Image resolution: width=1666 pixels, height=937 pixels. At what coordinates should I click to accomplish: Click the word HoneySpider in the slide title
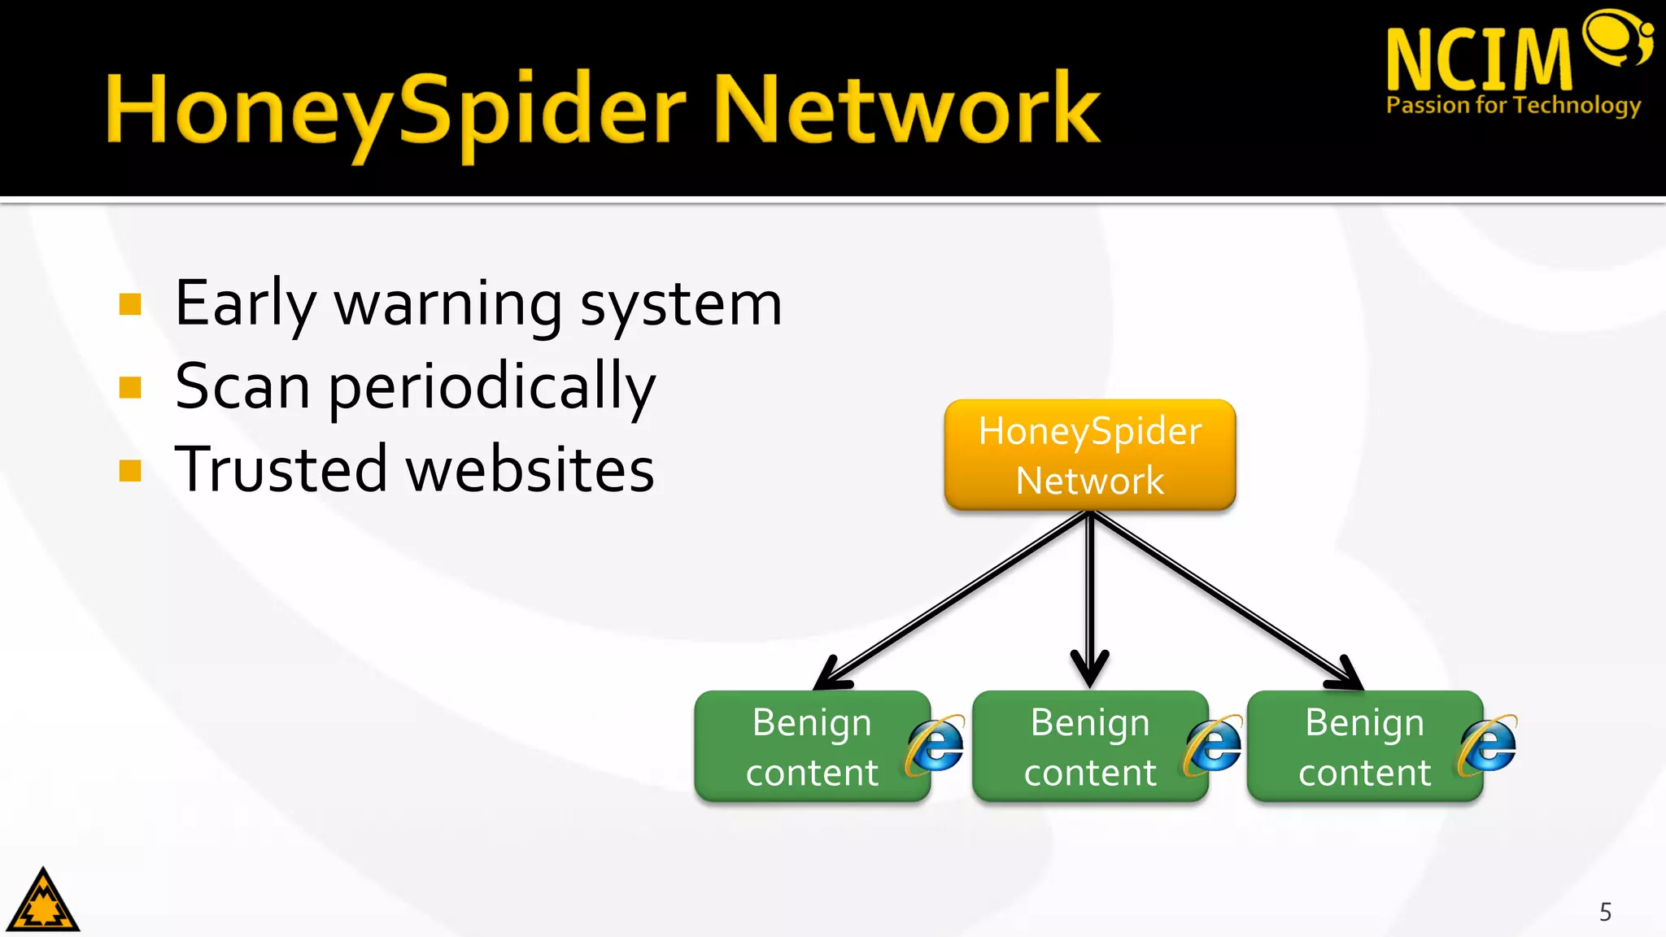pyautogui.click(x=396, y=110)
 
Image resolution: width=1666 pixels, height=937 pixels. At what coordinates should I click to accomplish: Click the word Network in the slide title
pyautogui.click(x=906, y=110)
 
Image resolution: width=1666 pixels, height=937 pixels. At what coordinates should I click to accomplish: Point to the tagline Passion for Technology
pyautogui.click(x=1513, y=106)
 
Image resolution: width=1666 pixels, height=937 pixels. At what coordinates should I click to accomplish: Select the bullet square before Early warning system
pyautogui.click(x=130, y=304)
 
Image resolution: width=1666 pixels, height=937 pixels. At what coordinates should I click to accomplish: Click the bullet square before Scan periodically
pyautogui.click(x=130, y=387)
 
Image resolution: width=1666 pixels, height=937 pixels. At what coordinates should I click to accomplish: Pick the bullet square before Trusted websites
pyautogui.click(x=130, y=470)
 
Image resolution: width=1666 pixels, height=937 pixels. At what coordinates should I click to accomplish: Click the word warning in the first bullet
pyautogui.click(x=448, y=303)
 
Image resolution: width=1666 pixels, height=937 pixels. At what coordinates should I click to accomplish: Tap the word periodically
pyautogui.click(x=491, y=387)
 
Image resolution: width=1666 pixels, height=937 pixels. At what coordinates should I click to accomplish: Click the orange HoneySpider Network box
pyautogui.click(x=1089, y=455)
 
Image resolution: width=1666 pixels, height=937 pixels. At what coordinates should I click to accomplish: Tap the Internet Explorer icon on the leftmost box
pyautogui.click(x=935, y=745)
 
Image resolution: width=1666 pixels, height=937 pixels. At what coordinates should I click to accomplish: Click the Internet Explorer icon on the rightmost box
pyautogui.click(x=1488, y=745)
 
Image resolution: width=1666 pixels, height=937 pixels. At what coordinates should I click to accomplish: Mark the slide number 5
pyautogui.click(x=1605, y=912)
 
